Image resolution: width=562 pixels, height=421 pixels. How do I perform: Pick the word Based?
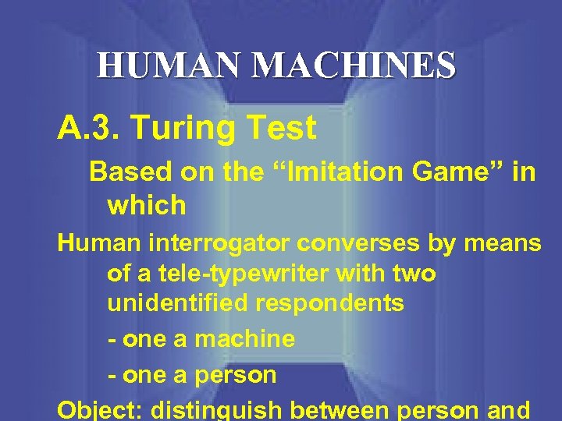[x=124, y=172]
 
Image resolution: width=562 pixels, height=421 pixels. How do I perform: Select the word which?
[x=147, y=206]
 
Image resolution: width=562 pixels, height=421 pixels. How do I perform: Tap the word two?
[x=413, y=274]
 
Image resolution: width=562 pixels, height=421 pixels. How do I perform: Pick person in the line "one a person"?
[x=236, y=375]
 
